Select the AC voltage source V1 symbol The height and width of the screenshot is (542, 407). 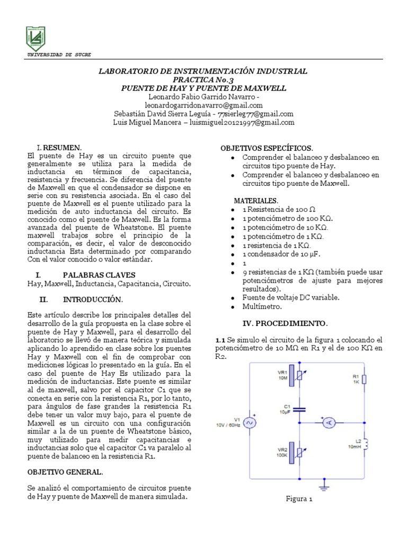click(248, 422)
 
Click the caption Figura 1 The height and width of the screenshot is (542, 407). click(299, 499)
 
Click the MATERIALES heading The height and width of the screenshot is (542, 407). click(256, 201)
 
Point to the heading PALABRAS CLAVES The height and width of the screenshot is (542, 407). click(99, 275)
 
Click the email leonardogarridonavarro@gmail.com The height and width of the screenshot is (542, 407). click(204, 105)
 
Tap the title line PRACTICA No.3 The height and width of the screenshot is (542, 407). click(204, 79)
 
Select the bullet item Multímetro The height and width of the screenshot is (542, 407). click(262, 306)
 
